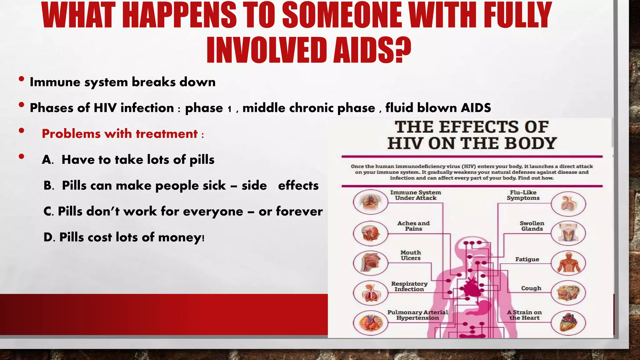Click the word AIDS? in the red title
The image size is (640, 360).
point(372,50)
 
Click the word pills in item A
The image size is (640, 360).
point(202,160)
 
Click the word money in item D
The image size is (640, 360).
point(180,237)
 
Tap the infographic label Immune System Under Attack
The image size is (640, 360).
point(416,195)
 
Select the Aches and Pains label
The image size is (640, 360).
point(413,226)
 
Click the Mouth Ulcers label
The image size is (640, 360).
point(411,255)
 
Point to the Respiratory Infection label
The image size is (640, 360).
point(409,286)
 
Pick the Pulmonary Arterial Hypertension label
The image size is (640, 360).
point(417,315)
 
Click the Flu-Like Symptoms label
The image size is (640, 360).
point(523,195)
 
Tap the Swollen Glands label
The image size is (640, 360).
point(532,226)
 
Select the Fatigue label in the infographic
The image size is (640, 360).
point(527,259)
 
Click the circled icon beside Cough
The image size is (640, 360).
point(568,293)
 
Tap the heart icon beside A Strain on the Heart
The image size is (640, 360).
point(568,323)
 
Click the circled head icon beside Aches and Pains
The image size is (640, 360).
point(371,233)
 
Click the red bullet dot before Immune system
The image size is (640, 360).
point(21,79)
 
